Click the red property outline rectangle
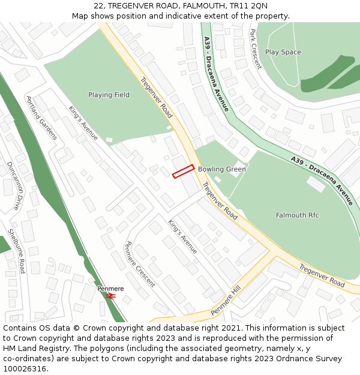pyautogui.click(x=183, y=171)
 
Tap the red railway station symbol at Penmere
pyautogui.click(x=110, y=296)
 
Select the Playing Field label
pyautogui.click(x=109, y=95)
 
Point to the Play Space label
pyautogui.click(x=283, y=52)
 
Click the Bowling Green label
pyautogui.click(x=222, y=169)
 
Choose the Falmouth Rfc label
pyautogui.click(x=297, y=215)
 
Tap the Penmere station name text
pyautogui.click(x=110, y=289)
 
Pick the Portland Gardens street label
pyautogui.click(x=41, y=118)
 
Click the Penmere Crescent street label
pyautogui.click(x=139, y=264)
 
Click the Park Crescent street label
pyautogui.click(x=256, y=49)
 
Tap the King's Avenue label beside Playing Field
pyautogui.click(x=83, y=124)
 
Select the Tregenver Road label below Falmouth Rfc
pyautogui.click(x=322, y=275)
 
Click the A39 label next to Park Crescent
pyautogui.click(x=207, y=43)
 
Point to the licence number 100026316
pyautogui.click(x=26, y=368)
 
